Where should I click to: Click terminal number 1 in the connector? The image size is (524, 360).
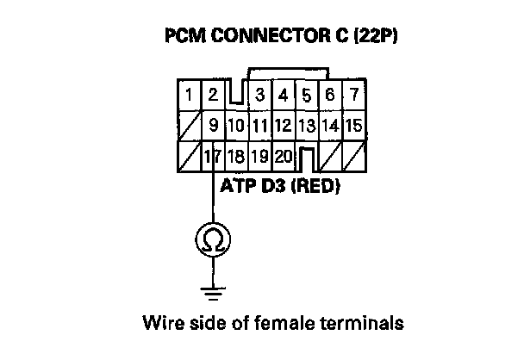click(x=190, y=94)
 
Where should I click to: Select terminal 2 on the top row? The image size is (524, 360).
click(x=212, y=94)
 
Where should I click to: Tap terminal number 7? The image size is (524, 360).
click(x=352, y=94)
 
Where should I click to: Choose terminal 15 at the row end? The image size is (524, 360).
click(x=352, y=127)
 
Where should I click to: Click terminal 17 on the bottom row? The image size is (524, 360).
click(x=212, y=158)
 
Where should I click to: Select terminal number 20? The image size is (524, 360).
click(x=283, y=158)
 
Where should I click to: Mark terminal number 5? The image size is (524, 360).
click(x=306, y=94)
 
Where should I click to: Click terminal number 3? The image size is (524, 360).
click(x=259, y=94)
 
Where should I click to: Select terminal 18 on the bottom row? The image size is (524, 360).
click(x=236, y=158)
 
